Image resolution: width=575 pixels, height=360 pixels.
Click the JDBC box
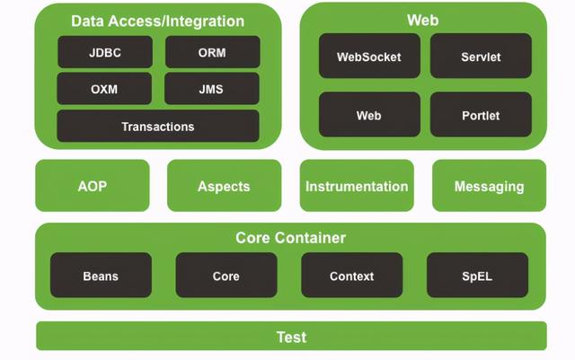click(x=105, y=52)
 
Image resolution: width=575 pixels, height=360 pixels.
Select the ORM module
click(x=213, y=52)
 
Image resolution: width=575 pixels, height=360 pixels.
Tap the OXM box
click(x=104, y=89)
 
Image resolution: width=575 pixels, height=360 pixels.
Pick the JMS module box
click(x=212, y=89)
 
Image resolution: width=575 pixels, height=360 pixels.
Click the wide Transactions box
click(x=158, y=126)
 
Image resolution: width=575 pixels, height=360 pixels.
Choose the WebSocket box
click(x=369, y=56)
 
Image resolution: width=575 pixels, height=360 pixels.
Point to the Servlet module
click(x=481, y=56)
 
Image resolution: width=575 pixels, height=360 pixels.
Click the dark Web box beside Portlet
click(x=369, y=114)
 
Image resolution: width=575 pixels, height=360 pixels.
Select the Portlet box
click(x=481, y=114)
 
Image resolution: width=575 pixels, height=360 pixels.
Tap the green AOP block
click(x=93, y=186)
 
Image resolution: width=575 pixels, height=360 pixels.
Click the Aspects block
click(x=225, y=186)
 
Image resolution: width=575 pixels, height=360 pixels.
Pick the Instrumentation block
click(x=357, y=186)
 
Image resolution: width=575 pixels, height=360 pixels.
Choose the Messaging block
click(x=489, y=186)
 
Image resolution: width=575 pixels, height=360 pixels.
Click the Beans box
click(x=101, y=275)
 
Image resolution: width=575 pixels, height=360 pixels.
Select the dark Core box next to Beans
click(x=226, y=275)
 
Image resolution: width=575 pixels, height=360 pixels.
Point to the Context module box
click(x=352, y=275)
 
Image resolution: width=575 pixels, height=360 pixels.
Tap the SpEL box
click(x=477, y=275)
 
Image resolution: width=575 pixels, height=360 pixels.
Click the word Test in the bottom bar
click(x=291, y=338)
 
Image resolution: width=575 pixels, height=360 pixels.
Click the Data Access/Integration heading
click(x=158, y=22)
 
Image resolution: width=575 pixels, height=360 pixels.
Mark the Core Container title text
click(x=291, y=238)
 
